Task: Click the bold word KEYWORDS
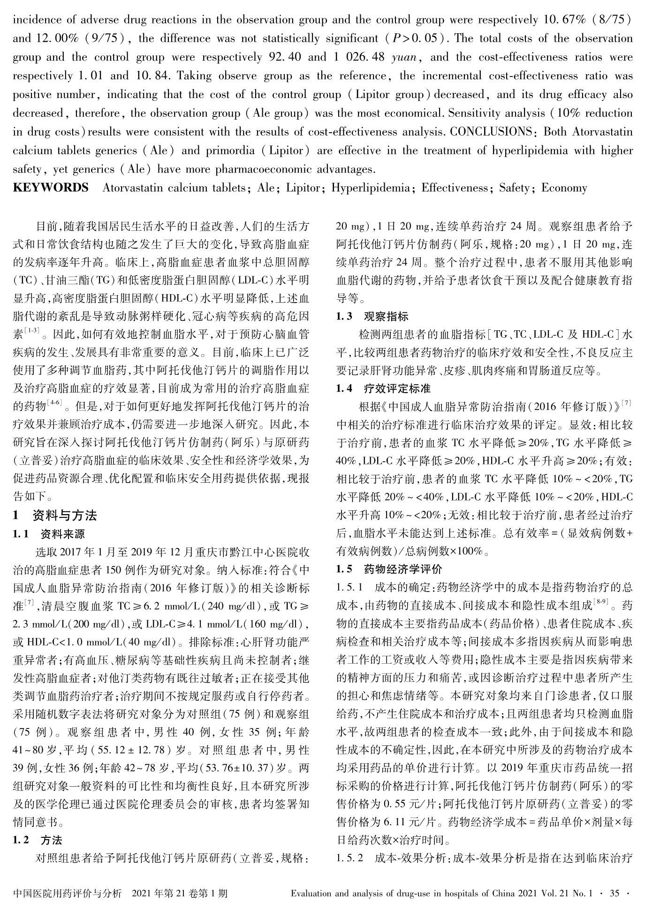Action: (x=50, y=188)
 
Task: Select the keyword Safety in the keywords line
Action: (x=514, y=188)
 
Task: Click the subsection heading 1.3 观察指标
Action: (x=372, y=316)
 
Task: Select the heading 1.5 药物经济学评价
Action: (x=389, y=570)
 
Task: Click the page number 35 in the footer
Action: (x=615, y=894)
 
